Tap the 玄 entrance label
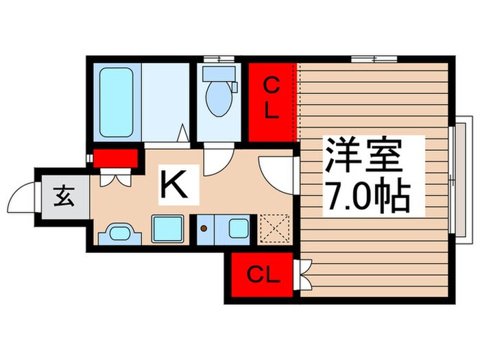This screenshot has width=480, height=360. coord(63,197)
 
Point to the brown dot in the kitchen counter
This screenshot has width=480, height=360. coord(204,227)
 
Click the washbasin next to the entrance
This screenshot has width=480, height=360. coord(119,234)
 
